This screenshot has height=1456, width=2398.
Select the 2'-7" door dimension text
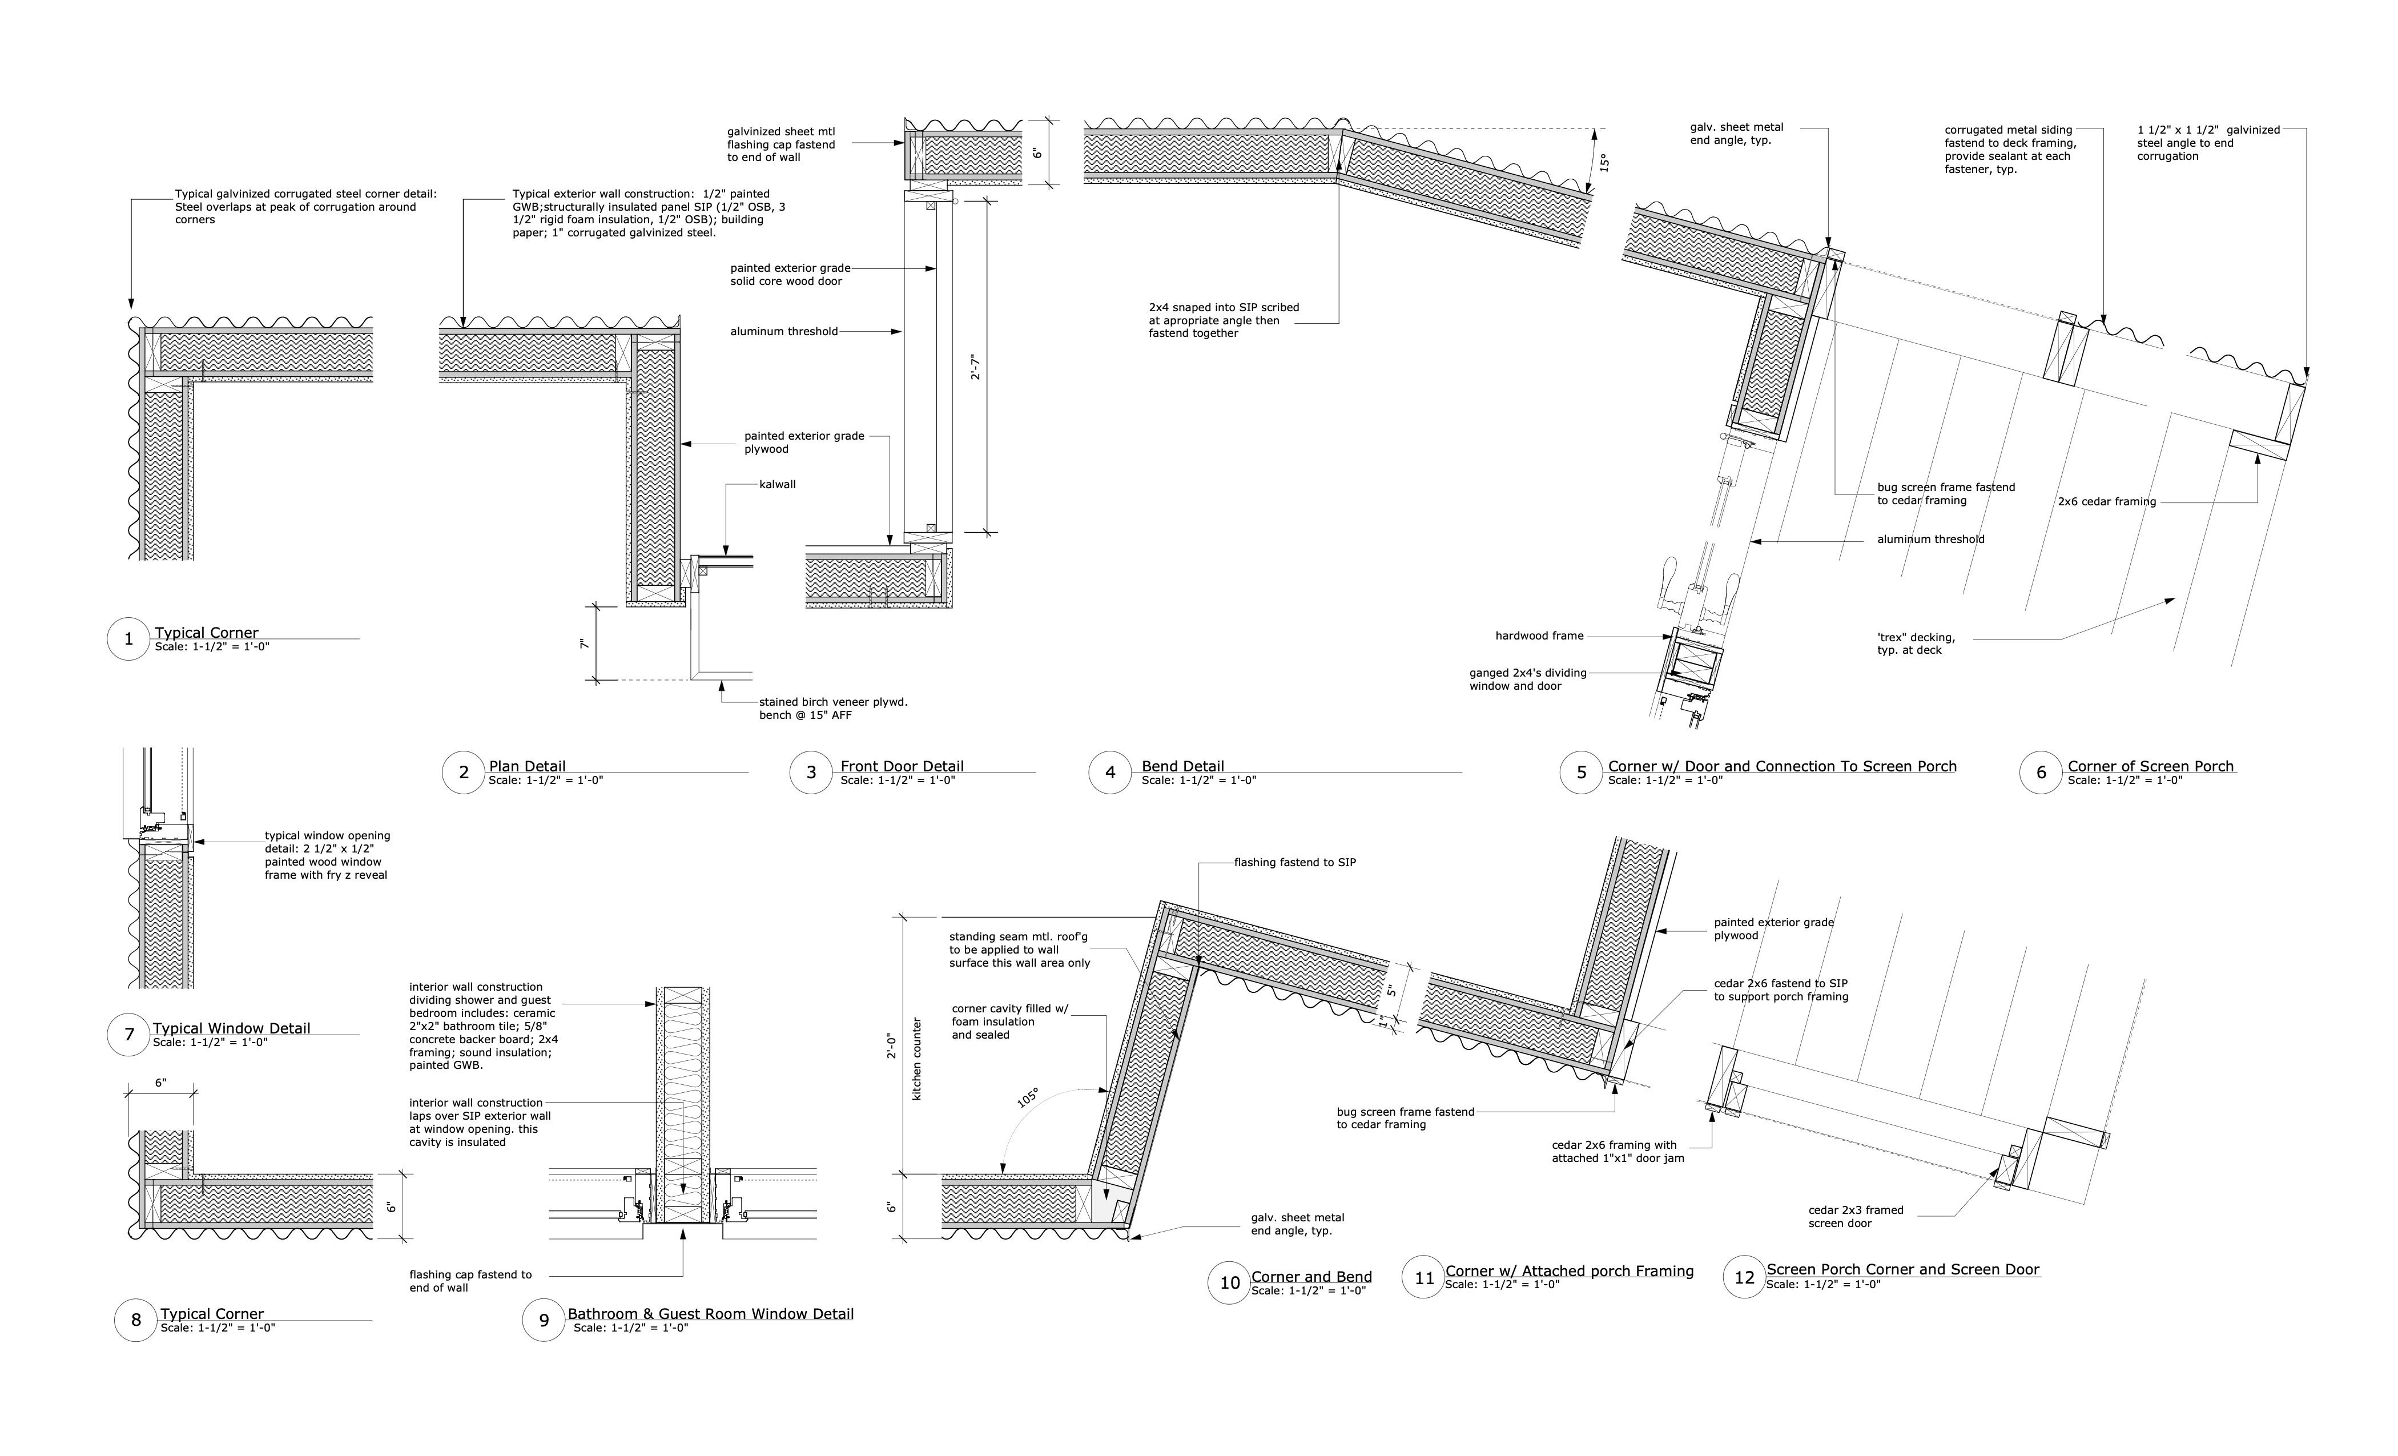click(975, 367)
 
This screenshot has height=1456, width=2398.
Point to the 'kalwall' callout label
click(778, 484)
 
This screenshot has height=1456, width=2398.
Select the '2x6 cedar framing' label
click(2106, 502)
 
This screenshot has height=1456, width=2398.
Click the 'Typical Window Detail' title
click(232, 1028)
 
